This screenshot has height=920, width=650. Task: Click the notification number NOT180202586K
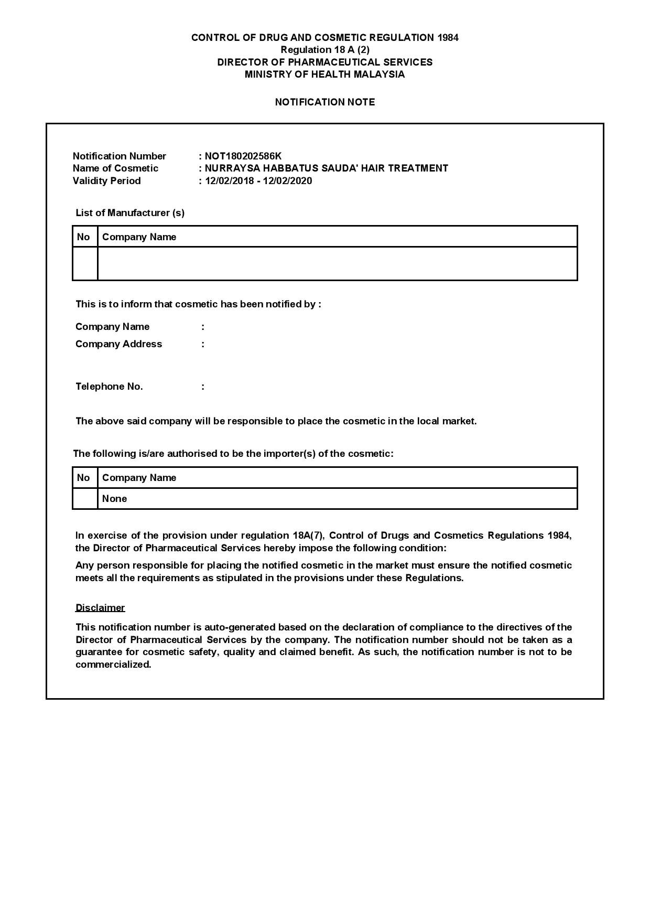243,156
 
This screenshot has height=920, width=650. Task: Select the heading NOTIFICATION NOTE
324,102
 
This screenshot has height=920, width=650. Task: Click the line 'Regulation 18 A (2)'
324,50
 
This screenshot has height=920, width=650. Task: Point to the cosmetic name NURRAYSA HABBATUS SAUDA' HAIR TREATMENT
326,168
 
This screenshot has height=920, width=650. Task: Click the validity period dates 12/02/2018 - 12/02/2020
258,181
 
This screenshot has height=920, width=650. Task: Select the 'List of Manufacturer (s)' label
130,212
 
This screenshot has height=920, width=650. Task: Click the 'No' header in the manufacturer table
83,237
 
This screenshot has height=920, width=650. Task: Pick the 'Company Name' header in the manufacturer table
139,237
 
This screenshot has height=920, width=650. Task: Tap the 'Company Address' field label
118,344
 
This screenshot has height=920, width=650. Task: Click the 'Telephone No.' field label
109,387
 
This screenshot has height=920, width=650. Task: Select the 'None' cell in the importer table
114,499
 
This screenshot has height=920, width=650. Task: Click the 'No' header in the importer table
83,477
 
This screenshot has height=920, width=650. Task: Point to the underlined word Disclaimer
100,607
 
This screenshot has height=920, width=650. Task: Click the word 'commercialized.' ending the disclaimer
113,665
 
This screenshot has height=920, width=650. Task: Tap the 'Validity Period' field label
106,181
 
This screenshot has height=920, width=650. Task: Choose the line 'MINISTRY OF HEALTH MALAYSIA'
324,74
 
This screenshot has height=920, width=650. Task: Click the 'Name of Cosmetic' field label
115,168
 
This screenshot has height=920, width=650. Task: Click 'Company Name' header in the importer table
139,477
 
